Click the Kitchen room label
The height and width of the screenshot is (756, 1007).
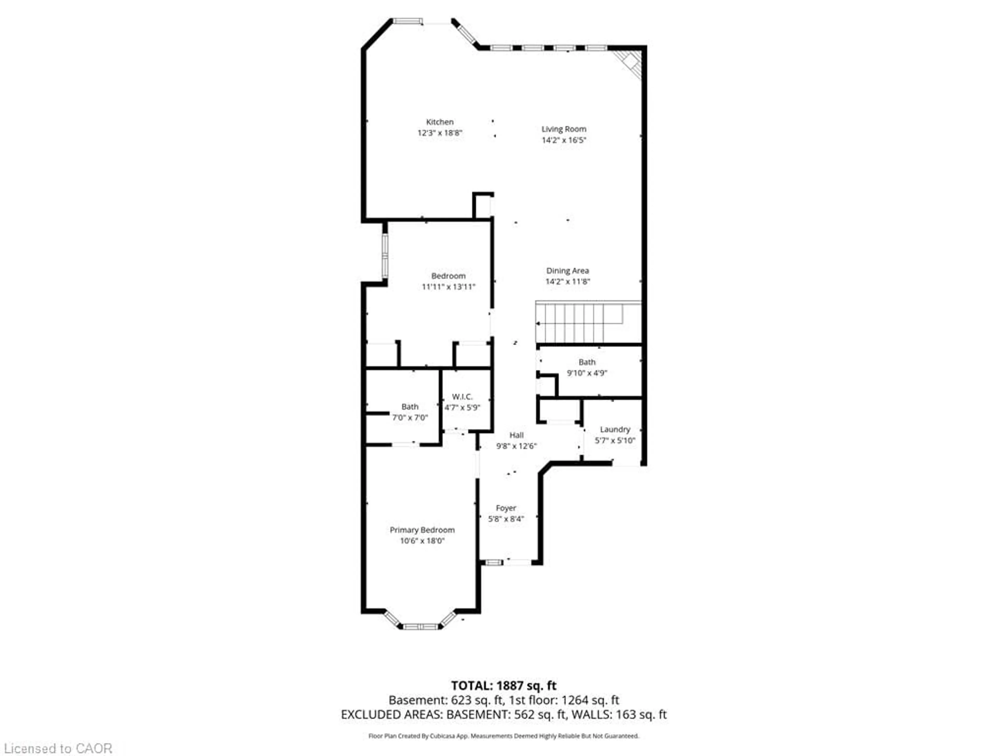click(439, 122)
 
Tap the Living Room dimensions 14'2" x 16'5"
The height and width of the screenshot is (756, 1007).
click(564, 140)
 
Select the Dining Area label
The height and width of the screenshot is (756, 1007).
click(567, 271)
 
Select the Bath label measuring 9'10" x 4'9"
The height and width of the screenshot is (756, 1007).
click(587, 362)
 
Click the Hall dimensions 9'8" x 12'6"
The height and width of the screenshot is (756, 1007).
click(516, 447)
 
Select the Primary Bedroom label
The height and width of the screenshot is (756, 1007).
click(422, 530)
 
